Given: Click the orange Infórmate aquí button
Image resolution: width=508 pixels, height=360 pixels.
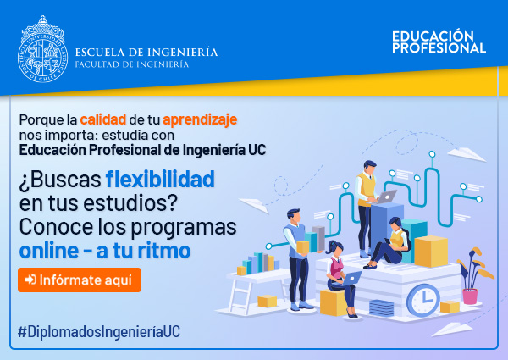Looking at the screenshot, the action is pos(80,280).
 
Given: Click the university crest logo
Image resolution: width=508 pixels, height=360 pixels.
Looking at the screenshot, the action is pos(42,49).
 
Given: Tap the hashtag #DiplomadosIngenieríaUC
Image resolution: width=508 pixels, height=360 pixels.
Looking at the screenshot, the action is pos(99,332).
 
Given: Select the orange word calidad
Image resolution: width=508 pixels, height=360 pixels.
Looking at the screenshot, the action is pos(103,119).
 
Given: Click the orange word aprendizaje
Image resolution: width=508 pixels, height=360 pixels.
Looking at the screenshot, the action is pos(200,120).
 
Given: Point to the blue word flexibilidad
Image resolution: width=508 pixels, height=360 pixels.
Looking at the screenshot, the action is pos(160,179).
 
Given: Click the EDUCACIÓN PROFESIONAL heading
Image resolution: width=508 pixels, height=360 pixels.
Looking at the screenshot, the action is pos(439,42).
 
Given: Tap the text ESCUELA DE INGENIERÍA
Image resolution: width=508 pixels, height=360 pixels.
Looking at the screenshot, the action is pos(146,52).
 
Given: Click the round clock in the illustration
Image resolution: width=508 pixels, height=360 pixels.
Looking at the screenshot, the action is pos(423,300).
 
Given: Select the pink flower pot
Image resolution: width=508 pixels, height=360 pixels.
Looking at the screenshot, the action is pos(470,296).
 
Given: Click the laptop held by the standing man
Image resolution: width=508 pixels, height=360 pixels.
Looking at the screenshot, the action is pos(385,197).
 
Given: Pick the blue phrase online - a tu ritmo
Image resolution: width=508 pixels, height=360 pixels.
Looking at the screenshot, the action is pos(105,251).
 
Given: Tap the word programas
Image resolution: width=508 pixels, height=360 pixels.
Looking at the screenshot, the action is pos(184,228).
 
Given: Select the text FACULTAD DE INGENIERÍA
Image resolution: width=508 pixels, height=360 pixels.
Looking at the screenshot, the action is pos(132,64).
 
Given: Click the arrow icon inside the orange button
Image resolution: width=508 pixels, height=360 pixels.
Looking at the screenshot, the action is pos(30,280).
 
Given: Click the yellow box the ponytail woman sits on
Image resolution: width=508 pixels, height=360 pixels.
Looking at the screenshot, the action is pos(333,303).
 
